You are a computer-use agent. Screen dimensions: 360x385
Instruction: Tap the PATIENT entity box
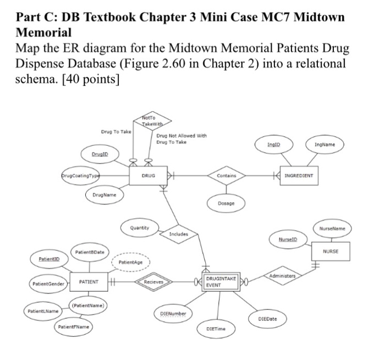tap(89, 282)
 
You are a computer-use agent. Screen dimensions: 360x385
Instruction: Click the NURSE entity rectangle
tap(331, 251)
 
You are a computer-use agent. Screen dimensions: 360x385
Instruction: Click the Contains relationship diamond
tap(226, 176)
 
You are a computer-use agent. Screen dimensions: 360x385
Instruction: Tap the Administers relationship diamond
tap(282, 275)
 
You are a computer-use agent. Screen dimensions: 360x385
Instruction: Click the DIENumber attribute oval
tap(173, 313)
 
